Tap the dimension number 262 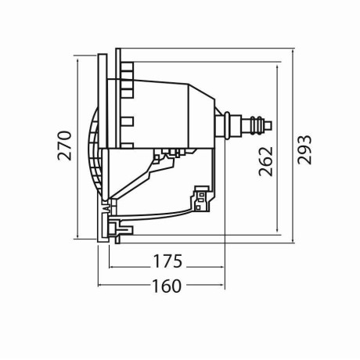coord(266,160)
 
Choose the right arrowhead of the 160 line coord(225,286)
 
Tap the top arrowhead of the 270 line coord(79,57)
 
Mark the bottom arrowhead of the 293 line coord(293,243)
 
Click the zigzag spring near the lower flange coord(106,208)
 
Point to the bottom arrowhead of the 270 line coord(79,236)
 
